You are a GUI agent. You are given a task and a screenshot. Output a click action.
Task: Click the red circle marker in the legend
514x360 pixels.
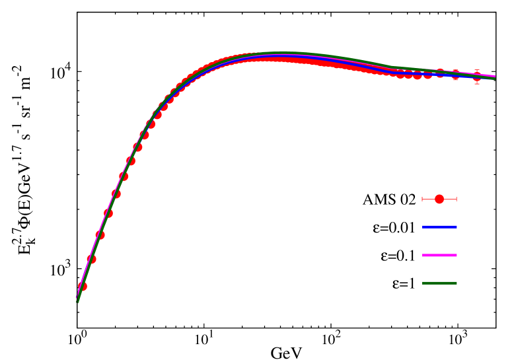pyautogui.click(x=439, y=199)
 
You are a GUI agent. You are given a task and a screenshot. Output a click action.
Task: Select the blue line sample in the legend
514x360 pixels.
pyautogui.click(x=439, y=227)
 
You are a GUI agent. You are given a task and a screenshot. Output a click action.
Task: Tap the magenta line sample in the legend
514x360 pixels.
pyautogui.click(x=439, y=255)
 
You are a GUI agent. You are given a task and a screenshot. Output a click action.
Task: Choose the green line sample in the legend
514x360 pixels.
pyautogui.click(x=439, y=283)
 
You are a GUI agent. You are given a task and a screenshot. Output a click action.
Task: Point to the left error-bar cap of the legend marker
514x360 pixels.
pyautogui.click(x=422, y=199)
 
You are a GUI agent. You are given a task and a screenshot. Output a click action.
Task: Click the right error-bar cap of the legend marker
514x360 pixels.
pyautogui.click(x=457, y=199)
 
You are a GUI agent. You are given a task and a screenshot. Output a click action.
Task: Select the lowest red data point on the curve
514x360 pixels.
pyautogui.click(x=83, y=287)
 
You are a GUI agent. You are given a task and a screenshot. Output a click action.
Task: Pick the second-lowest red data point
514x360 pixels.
pyautogui.click(x=91, y=260)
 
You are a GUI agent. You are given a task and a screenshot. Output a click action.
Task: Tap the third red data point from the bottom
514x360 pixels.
pyautogui.click(x=100, y=235)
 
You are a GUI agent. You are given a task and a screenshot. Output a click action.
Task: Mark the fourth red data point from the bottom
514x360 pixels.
pyautogui.click(x=108, y=213)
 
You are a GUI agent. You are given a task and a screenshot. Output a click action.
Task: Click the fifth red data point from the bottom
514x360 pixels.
pyautogui.click(x=116, y=194)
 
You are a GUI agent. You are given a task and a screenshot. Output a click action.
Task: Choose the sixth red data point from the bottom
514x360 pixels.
pyautogui.click(x=124, y=177)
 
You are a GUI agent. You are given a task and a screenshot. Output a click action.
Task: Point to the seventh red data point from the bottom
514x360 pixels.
pyautogui.click(x=131, y=161)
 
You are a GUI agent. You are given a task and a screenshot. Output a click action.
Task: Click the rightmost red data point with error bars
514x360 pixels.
pyautogui.click(x=477, y=77)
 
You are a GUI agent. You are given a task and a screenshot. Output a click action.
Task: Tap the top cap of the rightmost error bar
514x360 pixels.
pyautogui.click(x=477, y=70)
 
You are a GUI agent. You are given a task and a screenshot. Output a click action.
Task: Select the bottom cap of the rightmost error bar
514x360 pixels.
pyautogui.click(x=477, y=83)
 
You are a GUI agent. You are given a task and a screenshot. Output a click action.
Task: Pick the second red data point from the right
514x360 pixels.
pyautogui.click(x=456, y=75)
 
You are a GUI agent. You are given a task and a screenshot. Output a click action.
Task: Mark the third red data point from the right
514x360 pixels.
pyautogui.click(x=440, y=73)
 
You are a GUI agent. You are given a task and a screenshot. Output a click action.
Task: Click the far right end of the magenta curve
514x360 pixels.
pyautogui.click(x=494, y=76)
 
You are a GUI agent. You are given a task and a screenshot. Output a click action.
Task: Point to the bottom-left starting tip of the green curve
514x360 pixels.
pyautogui.click(x=78, y=301)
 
